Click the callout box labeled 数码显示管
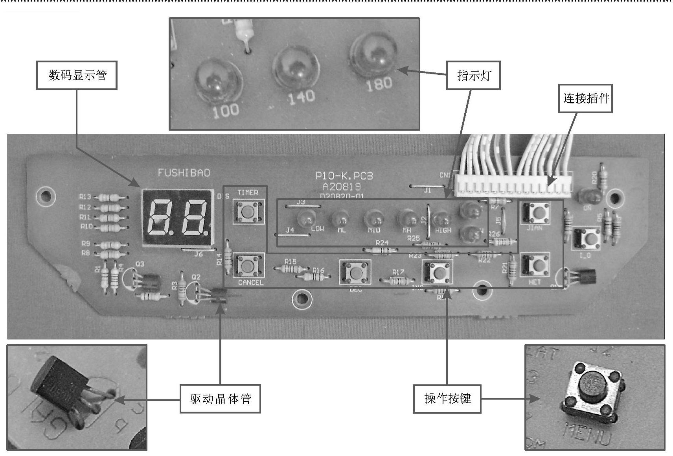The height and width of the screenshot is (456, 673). coord(77,75)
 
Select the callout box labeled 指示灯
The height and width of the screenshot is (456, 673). coord(473,75)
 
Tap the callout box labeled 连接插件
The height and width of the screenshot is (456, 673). coord(585,98)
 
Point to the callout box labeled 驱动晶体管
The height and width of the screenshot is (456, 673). coord(220,399)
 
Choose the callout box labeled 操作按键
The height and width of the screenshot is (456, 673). coord(447,399)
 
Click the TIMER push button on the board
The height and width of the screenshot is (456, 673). coord(248,211)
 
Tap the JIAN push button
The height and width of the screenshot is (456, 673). coord(535,212)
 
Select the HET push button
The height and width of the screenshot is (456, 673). coord(535,264)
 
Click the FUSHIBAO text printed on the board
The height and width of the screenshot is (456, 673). coord(184,173)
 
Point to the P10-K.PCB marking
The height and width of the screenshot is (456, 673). coord(344,175)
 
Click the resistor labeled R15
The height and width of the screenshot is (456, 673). coord(291,269)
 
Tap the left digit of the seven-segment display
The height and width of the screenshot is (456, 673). coord(161,217)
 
